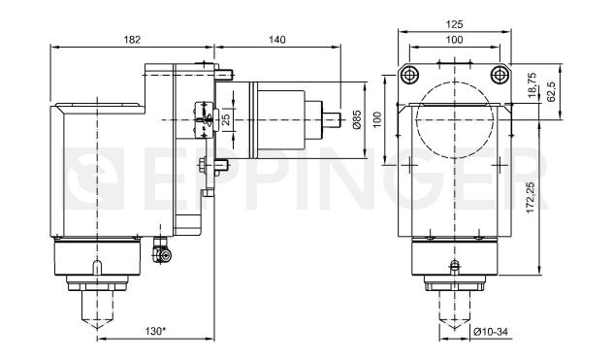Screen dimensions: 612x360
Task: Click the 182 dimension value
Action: coord(132,40)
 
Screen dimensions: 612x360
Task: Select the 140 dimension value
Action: coord(276,40)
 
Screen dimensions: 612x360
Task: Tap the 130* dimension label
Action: coord(155,332)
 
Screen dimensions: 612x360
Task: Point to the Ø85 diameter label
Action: coord(357,119)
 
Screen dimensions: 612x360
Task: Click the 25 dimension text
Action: coord(226,119)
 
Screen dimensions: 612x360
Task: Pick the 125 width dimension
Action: coord(454,24)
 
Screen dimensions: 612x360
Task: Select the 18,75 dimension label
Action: coord(532,84)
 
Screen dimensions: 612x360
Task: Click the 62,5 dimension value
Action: coord(551,92)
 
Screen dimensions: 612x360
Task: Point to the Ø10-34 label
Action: coord(491,332)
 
